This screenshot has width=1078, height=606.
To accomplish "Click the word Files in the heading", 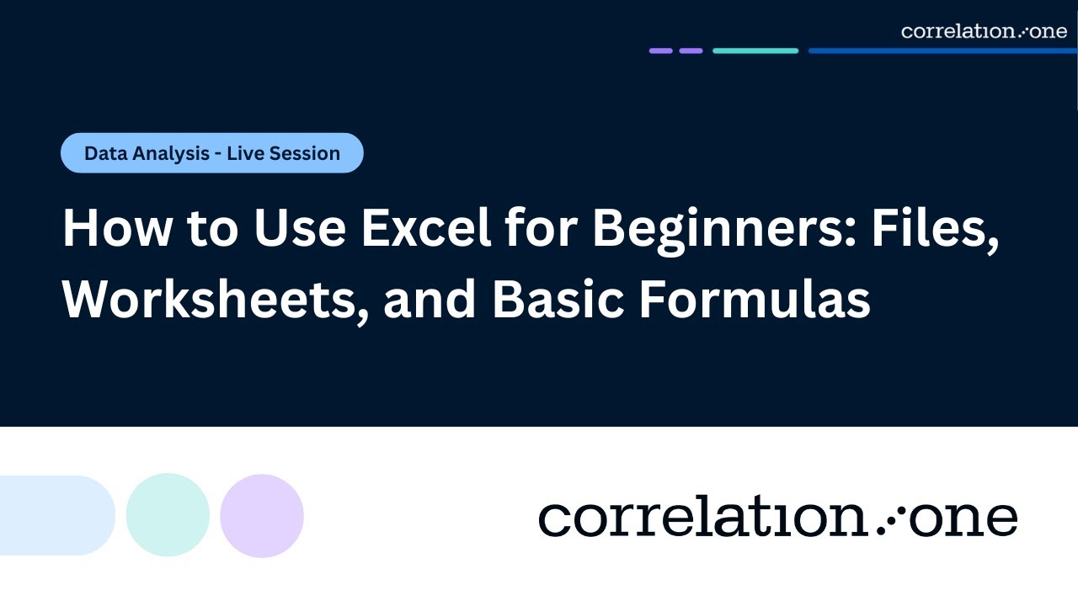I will tap(934, 229).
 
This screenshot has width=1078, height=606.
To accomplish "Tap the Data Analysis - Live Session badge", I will tap(212, 153).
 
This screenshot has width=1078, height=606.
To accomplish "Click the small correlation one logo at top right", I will tap(984, 31).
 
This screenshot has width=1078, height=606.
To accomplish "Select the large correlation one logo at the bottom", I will tap(777, 517).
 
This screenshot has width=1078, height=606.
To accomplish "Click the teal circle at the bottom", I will tap(168, 515).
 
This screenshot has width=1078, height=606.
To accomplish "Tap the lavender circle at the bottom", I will tap(262, 515).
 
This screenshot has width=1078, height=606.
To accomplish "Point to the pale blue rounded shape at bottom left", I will tap(56, 515).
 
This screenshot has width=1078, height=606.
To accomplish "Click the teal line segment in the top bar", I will tap(755, 50).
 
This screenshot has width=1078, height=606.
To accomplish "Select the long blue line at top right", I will tap(942, 50).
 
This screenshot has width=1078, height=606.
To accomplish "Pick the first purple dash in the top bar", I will tap(661, 50).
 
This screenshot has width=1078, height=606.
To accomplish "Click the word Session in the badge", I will tap(306, 153).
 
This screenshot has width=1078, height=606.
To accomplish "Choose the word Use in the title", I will tap(304, 229).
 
